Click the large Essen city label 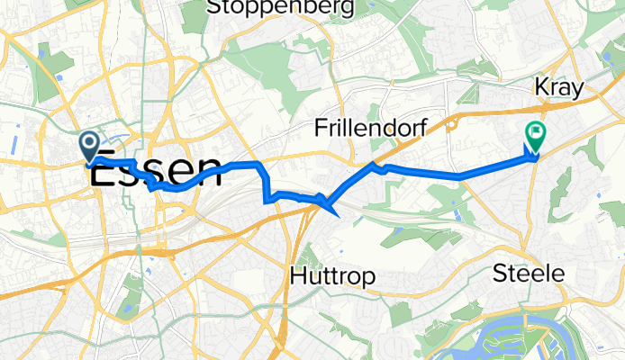155,172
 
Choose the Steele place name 529,274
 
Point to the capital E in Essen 101,172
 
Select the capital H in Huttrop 298,278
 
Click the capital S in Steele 502,274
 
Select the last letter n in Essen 211,172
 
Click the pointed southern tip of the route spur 335,215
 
